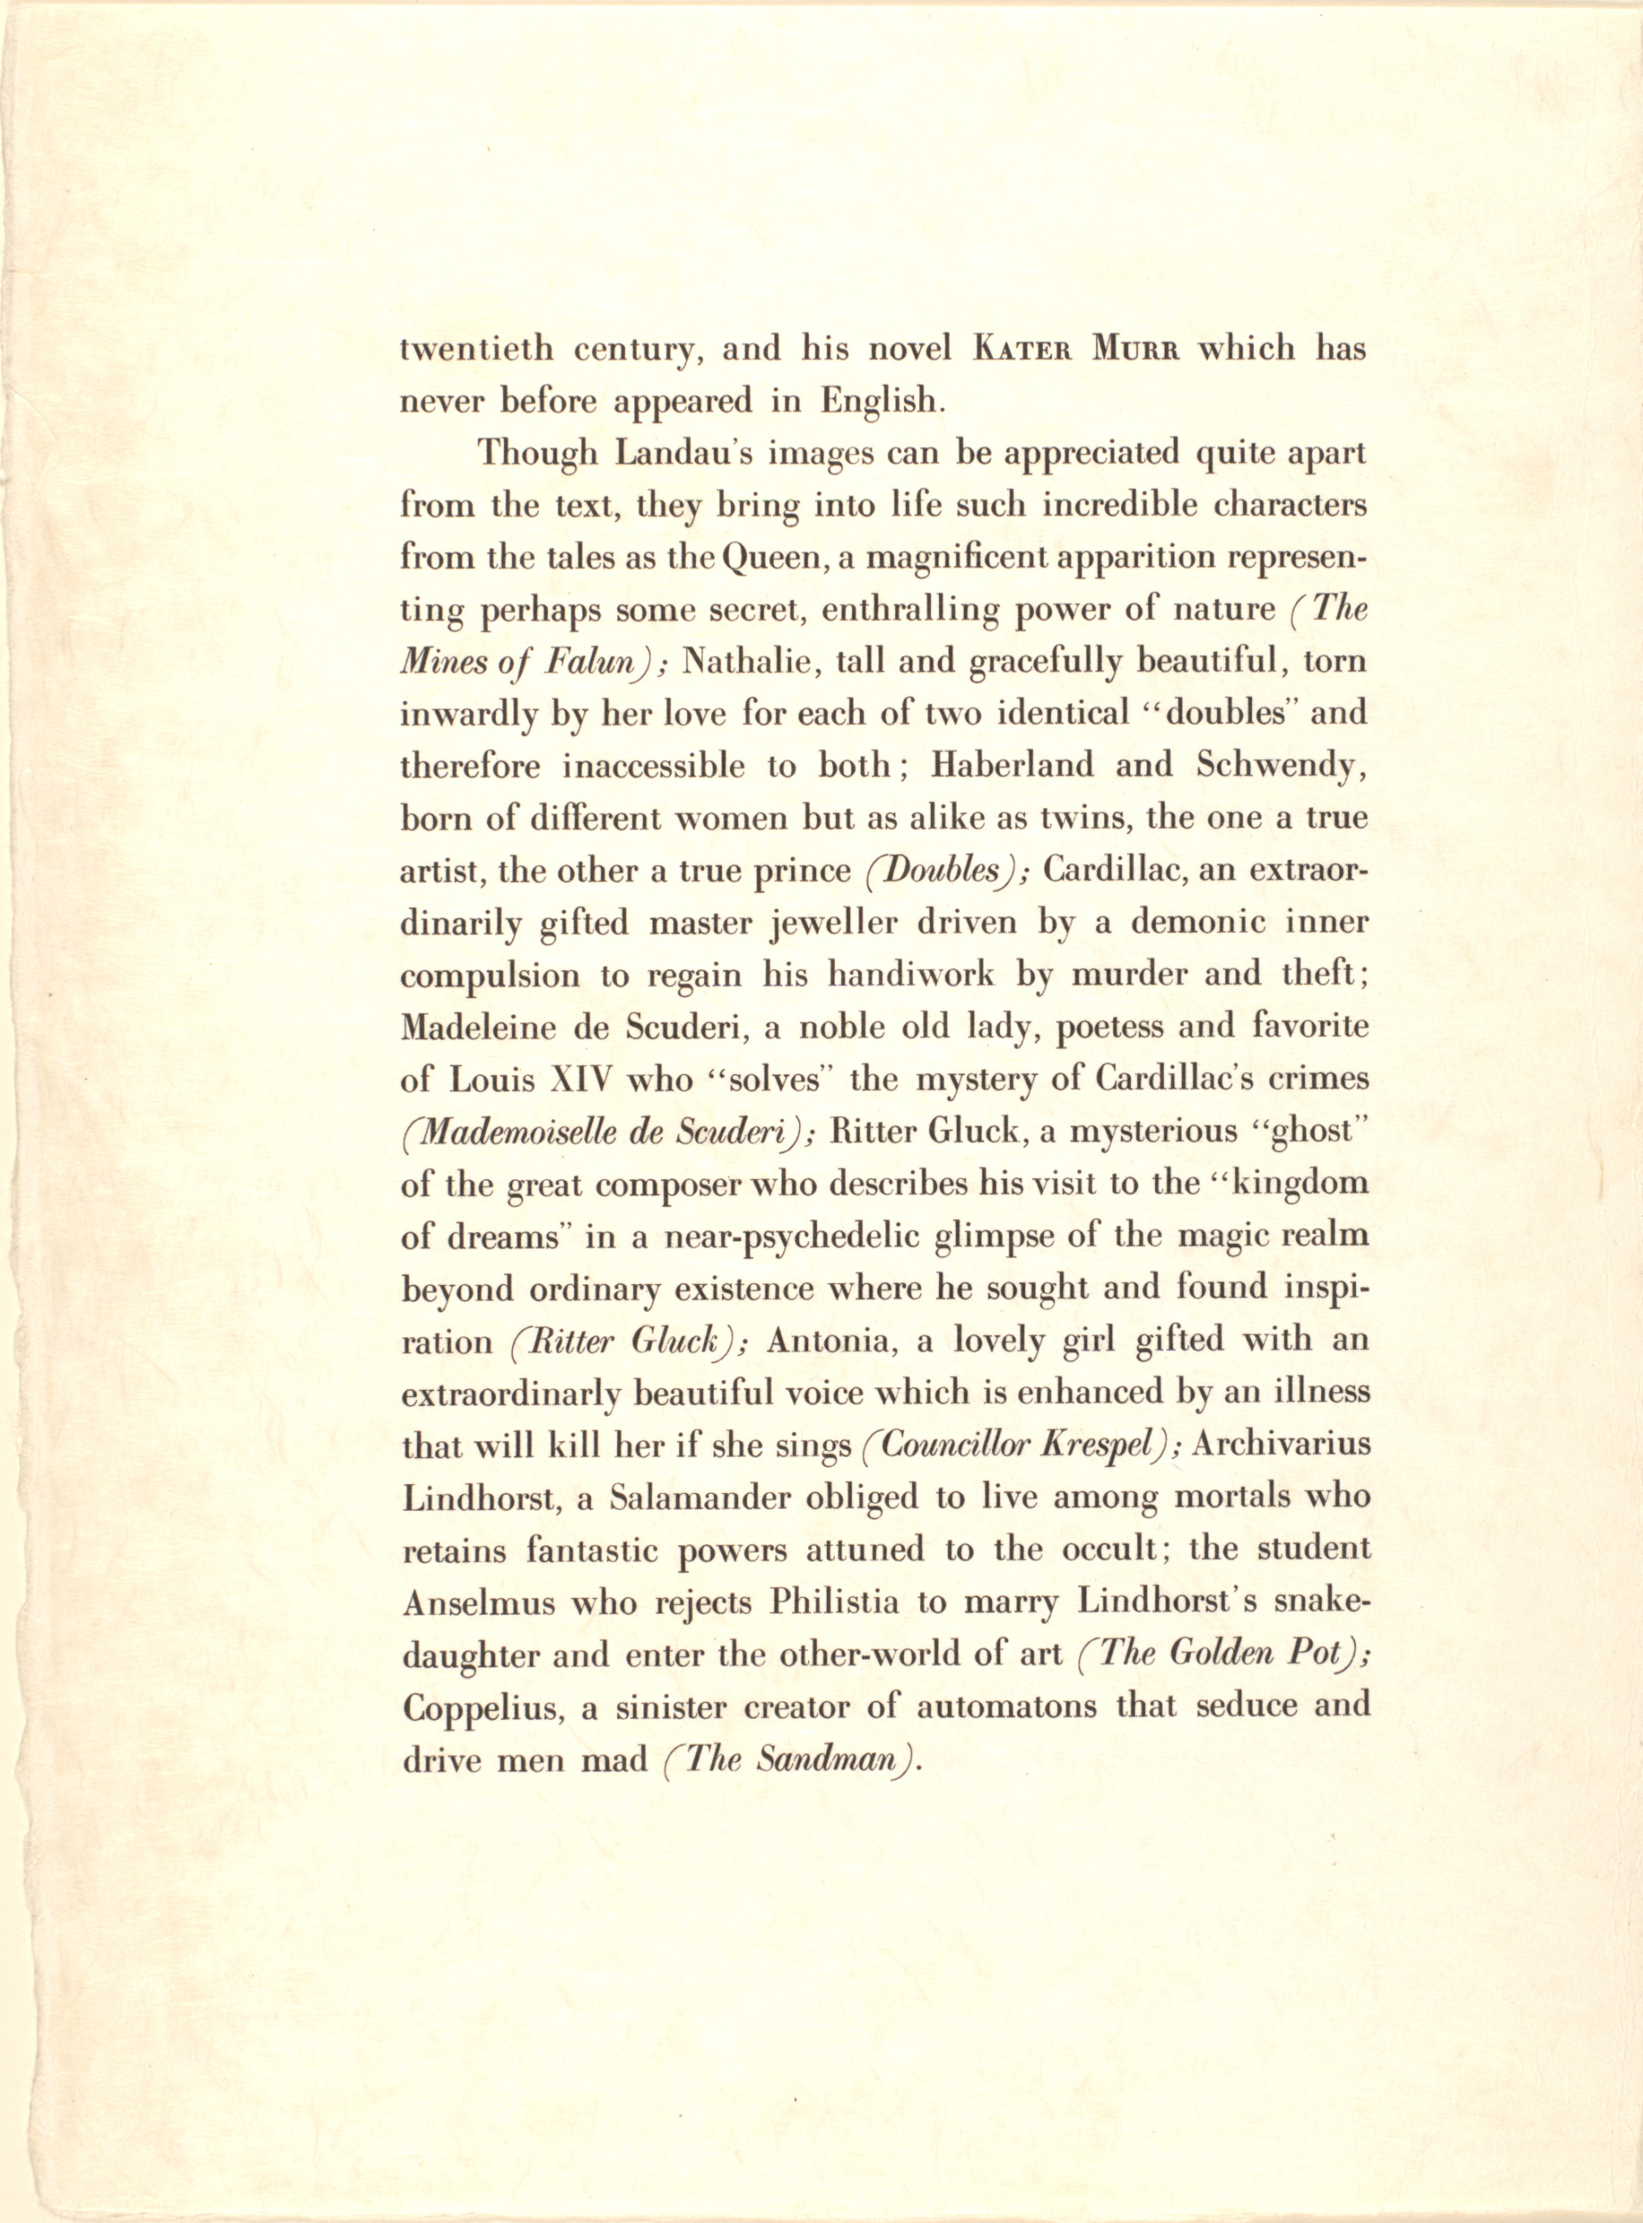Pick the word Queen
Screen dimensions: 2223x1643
[773, 558]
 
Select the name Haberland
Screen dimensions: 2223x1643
[1006, 766]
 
